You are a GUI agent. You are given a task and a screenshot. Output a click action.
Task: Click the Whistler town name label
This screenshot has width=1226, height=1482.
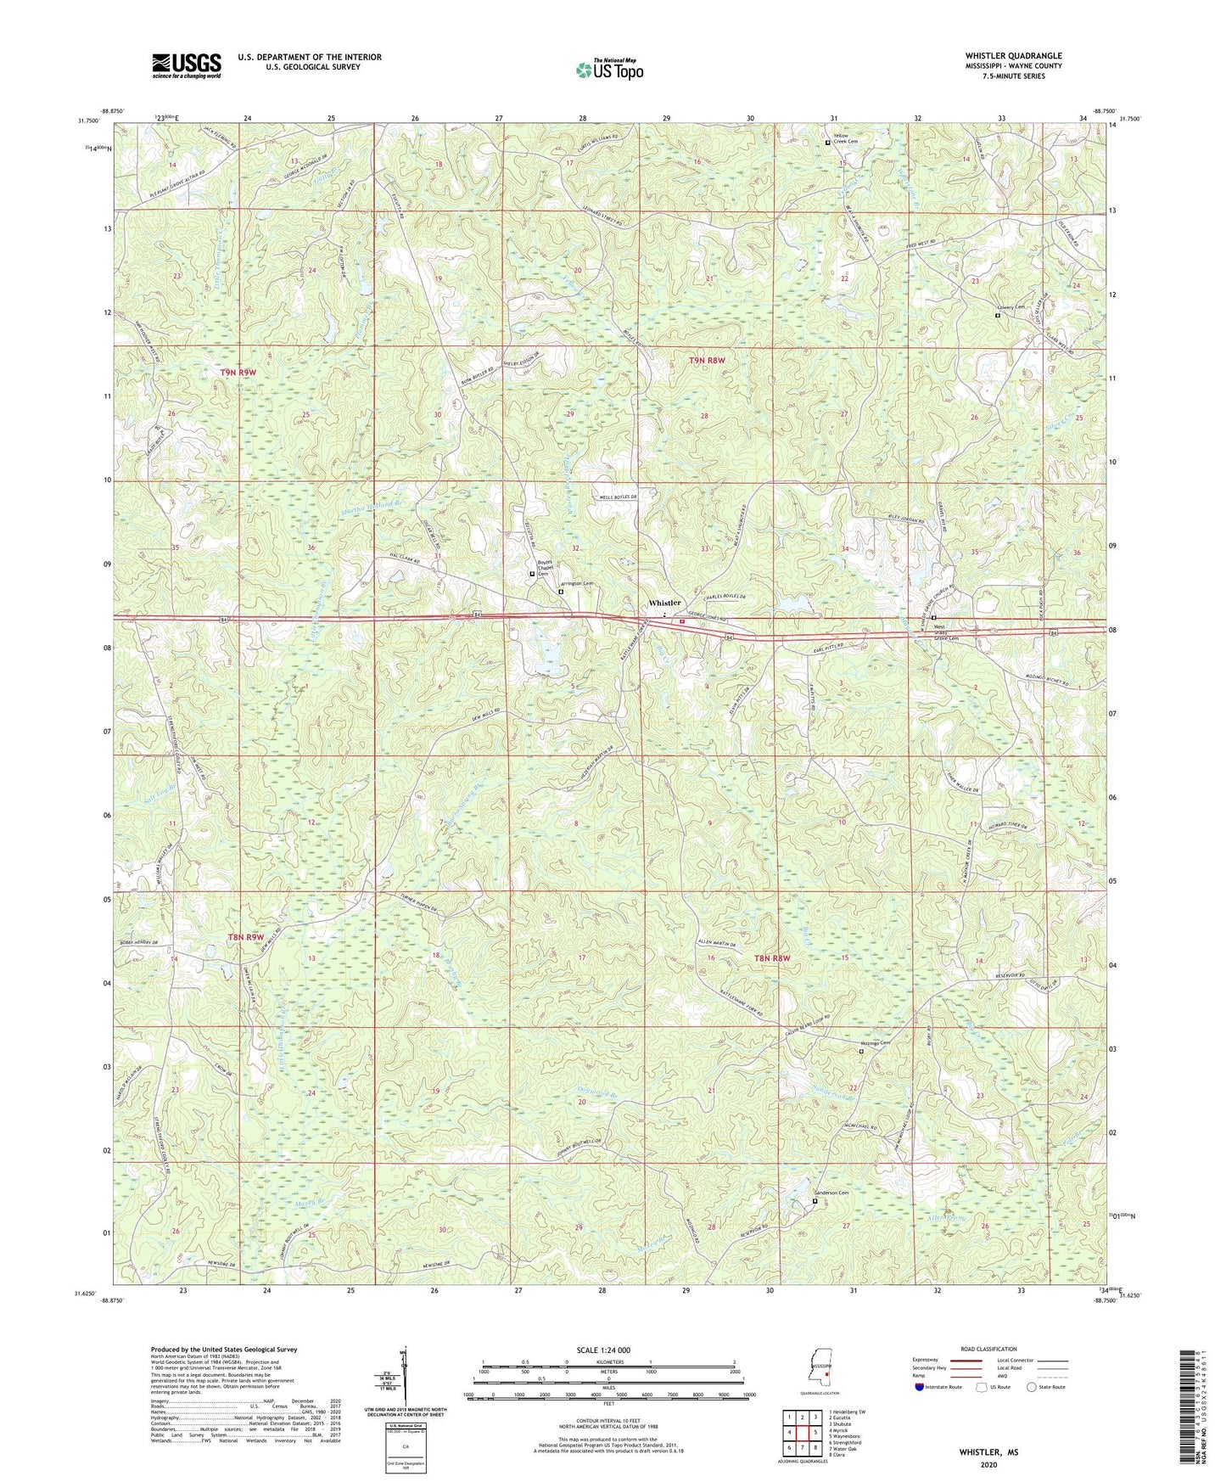point(664,603)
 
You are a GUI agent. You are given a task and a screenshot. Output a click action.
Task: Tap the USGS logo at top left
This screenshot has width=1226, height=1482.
point(187,65)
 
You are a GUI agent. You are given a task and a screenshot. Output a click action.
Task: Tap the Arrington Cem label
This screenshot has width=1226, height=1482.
point(578,584)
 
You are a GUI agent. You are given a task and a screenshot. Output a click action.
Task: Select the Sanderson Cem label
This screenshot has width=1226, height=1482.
point(832,1193)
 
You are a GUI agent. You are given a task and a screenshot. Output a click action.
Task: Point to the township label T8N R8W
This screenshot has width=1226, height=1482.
point(772,957)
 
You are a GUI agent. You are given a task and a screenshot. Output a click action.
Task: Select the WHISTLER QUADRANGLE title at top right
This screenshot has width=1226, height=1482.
point(1013,56)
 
